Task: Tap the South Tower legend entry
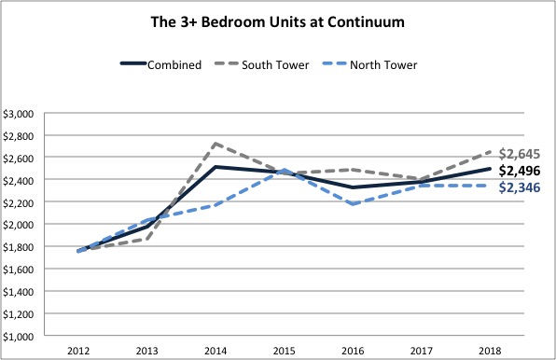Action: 278,64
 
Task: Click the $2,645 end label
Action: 520,153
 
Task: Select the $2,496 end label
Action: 520,171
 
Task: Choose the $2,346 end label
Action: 520,187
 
